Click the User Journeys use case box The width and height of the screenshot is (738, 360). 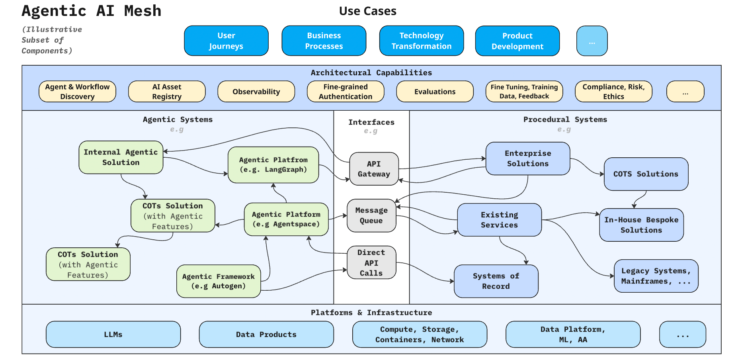(x=226, y=41)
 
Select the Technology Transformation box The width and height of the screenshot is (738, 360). (x=421, y=41)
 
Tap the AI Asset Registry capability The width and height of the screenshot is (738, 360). (x=167, y=92)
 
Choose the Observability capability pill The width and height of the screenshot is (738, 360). (x=256, y=92)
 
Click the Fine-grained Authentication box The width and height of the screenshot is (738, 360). (x=345, y=92)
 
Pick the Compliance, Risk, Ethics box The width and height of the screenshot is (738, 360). (x=613, y=92)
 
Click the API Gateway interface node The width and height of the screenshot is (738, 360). (x=374, y=169)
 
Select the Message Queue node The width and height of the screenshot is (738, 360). (x=371, y=215)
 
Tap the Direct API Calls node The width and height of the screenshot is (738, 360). (x=371, y=262)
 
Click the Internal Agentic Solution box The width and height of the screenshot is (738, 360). (x=121, y=157)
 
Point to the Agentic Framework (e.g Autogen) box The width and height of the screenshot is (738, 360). (x=218, y=281)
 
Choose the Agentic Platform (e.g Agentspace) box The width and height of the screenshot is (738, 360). (x=286, y=219)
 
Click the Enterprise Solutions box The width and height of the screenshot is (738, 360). (x=527, y=158)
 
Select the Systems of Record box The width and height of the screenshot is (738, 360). (x=496, y=281)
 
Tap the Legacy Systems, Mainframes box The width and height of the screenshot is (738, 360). (x=656, y=276)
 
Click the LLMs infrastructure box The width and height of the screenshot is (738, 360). (x=113, y=335)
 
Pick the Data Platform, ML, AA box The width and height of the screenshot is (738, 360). (x=572, y=335)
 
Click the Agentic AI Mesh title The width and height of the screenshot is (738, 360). (x=92, y=11)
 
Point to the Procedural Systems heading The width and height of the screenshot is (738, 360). (x=565, y=119)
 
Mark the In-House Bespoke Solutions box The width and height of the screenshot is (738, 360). (x=641, y=225)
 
